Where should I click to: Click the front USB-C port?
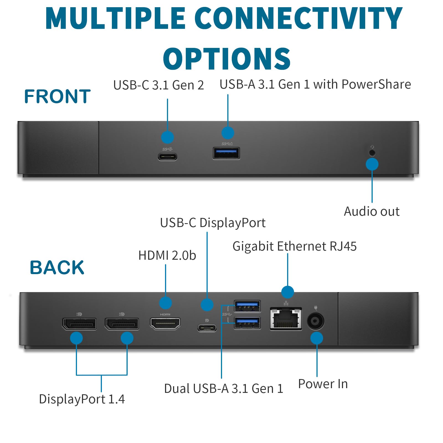click(168, 157)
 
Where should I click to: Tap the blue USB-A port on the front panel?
click(226, 153)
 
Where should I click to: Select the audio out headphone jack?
click(372, 153)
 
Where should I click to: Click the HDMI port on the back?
click(165, 323)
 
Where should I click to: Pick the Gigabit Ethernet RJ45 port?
click(286, 318)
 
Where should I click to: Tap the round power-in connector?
click(315, 321)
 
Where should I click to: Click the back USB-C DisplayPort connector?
click(207, 328)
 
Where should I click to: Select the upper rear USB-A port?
click(247, 306)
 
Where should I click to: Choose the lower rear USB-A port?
click(247, 323)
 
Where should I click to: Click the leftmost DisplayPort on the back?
click(79, 324)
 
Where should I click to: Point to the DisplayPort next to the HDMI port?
click(122, 324)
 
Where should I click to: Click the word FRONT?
click(57, 96)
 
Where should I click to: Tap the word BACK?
click(57, 267)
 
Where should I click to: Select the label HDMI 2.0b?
click(167, 255)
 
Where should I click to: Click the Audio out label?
click(372, 212)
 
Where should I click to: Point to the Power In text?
click(323, 384)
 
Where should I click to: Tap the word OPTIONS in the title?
click(227, 59)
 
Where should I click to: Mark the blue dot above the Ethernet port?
click(288, 292)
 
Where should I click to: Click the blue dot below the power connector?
click(317, 338)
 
